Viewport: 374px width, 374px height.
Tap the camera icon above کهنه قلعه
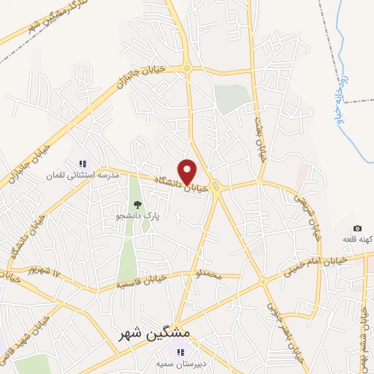pos(357,229)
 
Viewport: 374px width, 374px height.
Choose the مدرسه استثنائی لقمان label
pos(80,176)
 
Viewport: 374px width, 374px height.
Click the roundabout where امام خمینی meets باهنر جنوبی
pos(263,281)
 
